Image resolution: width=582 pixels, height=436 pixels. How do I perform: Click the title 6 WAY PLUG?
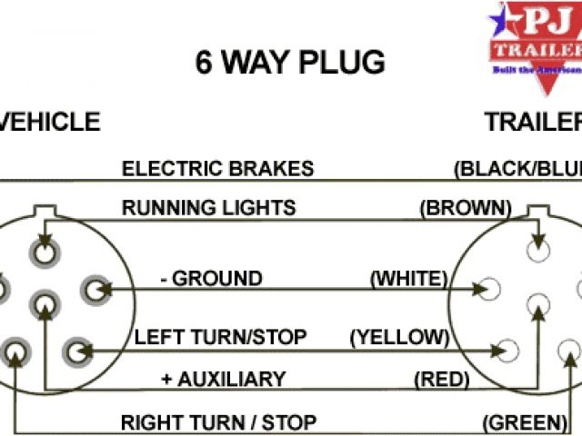(x=290, y=63)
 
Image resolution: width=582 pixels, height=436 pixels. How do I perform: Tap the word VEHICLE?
(x=50, y=122)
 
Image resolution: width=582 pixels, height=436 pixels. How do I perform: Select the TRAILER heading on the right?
(x=533, y=122)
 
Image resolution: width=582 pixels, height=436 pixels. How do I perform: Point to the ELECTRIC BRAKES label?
(x=218, y=168)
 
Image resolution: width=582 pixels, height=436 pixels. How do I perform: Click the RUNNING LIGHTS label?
(x=209, y=207)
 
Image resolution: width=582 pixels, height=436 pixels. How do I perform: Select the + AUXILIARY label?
(x=223, y=379)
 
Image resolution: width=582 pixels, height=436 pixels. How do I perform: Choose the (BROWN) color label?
(x=462, y=207)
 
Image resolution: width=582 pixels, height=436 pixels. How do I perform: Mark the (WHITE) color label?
(x=408, y=278)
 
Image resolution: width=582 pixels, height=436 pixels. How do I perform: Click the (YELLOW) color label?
(x=400, y=337)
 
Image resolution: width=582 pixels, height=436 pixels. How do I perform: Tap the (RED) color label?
(x=441, y=379)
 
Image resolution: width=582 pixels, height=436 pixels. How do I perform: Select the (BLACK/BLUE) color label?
(x=517, y=168)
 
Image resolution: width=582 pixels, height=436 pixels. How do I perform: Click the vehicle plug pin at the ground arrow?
(x=95, y=290)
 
